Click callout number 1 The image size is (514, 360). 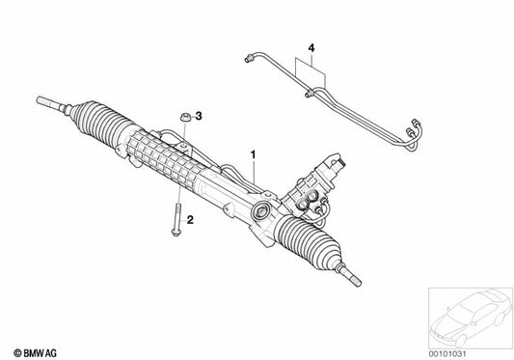pyautogui.click(x=254, y=153)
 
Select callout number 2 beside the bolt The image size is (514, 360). pyautogui.click(x=190, y=221)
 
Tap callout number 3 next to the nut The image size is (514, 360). pyautogui.click(x=199, y=117)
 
